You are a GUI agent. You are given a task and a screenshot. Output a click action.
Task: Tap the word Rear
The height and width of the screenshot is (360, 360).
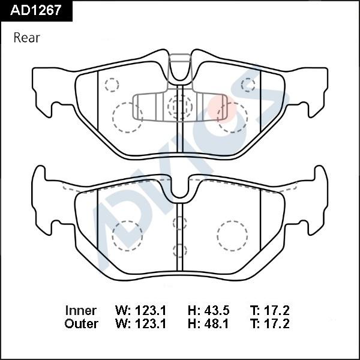coord(26,38)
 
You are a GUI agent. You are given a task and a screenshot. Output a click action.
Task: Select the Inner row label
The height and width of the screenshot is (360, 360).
coord(80,311)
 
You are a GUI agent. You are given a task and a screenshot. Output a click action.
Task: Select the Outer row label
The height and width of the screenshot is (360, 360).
coord(81,324)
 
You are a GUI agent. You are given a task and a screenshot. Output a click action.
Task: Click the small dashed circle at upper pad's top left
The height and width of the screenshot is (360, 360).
coord(111,85)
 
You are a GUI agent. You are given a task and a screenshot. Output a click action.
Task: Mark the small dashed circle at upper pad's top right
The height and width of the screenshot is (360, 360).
coord(248,85)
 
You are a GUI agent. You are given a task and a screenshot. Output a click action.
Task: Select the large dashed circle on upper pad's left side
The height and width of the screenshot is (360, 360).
coord(127,116)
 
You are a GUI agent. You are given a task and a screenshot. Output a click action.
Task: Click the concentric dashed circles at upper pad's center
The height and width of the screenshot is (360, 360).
coord(178,107)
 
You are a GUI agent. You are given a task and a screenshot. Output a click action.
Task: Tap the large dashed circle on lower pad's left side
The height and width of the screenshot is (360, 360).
coord(127,236)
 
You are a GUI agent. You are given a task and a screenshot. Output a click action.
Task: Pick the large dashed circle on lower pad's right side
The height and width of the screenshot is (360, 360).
coord(232,236)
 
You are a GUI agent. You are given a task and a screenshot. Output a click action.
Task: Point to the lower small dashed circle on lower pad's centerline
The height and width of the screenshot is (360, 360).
coord(178,250)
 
